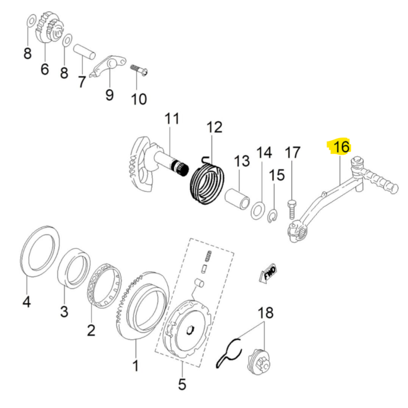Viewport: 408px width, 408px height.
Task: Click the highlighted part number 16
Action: pyautogui.click(x=341, y=147)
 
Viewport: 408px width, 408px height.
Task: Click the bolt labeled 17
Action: pyautogui.click(x=292, y=209)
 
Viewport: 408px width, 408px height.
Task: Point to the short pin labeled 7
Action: pyautogui.click(x=84, y=52)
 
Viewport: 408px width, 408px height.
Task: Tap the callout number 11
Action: pyautogui.click(x=172, y=119)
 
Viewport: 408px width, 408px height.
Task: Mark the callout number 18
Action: pyautogui.click(x=265, y=313)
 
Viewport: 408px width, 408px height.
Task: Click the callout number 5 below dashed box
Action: pyautogui.click(x=182, y=384)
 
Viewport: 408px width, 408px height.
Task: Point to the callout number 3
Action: pyautogui.click(x=64, y=311)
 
